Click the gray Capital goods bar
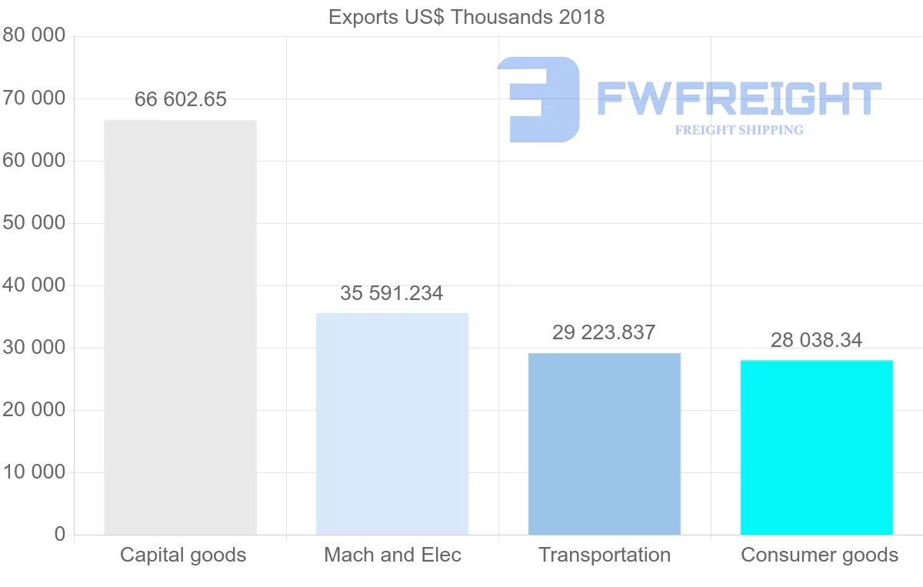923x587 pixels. pos(180,327)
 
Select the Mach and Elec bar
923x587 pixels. pos(392,423)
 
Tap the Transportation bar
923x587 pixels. pos(605,443)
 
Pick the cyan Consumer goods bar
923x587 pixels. pos(816,447)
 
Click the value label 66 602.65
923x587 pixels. pos(181,99)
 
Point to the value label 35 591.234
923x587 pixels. pos(392,293)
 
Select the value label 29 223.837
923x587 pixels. pos(604,332)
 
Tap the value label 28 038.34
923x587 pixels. pos(816,339)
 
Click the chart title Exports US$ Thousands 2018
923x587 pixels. pos(466,17)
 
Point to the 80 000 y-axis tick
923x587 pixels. pos(34,36)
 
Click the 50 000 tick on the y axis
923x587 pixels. pos(34,223)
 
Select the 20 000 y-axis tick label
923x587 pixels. pos(34,410)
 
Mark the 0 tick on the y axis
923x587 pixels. pos(60,535)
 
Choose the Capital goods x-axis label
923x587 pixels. pos(183,555)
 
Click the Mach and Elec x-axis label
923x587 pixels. pos(392,555)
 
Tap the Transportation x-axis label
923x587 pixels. pos(605,555)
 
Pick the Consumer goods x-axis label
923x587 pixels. pos(819,555)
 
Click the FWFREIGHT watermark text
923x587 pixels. pos(738,98)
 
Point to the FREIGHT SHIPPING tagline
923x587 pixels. pos(738,130)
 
